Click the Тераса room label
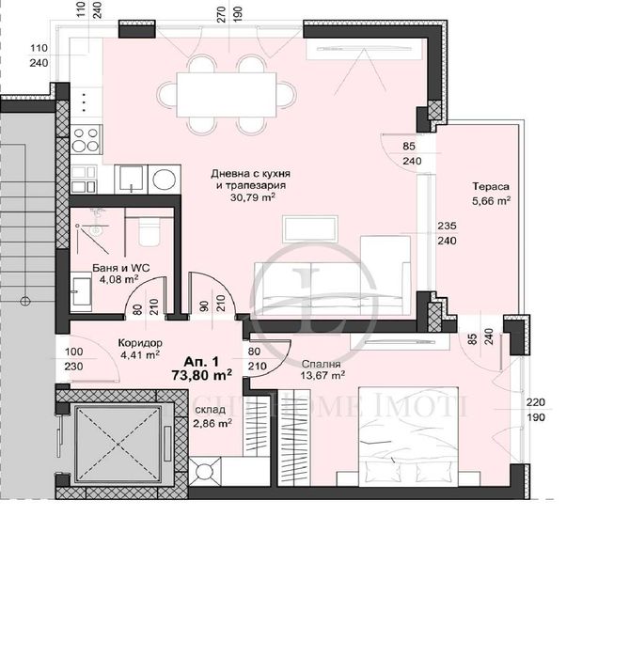pos(491,186)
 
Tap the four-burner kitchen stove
pos(86,139)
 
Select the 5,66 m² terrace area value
pos(491,200)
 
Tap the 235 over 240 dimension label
pos(447,233)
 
